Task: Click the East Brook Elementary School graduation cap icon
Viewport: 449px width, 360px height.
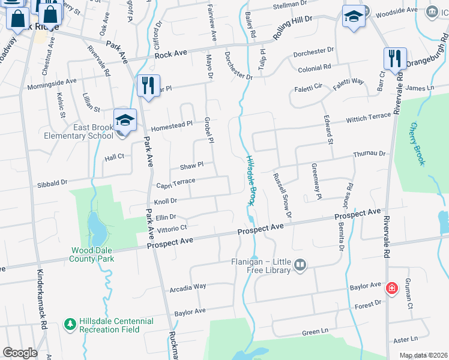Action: tap(125, 120)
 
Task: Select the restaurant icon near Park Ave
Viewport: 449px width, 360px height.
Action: tap(148, 85)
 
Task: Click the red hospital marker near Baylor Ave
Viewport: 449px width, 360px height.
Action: tap(392, 289)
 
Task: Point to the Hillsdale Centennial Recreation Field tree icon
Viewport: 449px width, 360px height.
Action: tap(70, 323)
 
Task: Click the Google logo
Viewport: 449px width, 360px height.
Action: tap(20, 353)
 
